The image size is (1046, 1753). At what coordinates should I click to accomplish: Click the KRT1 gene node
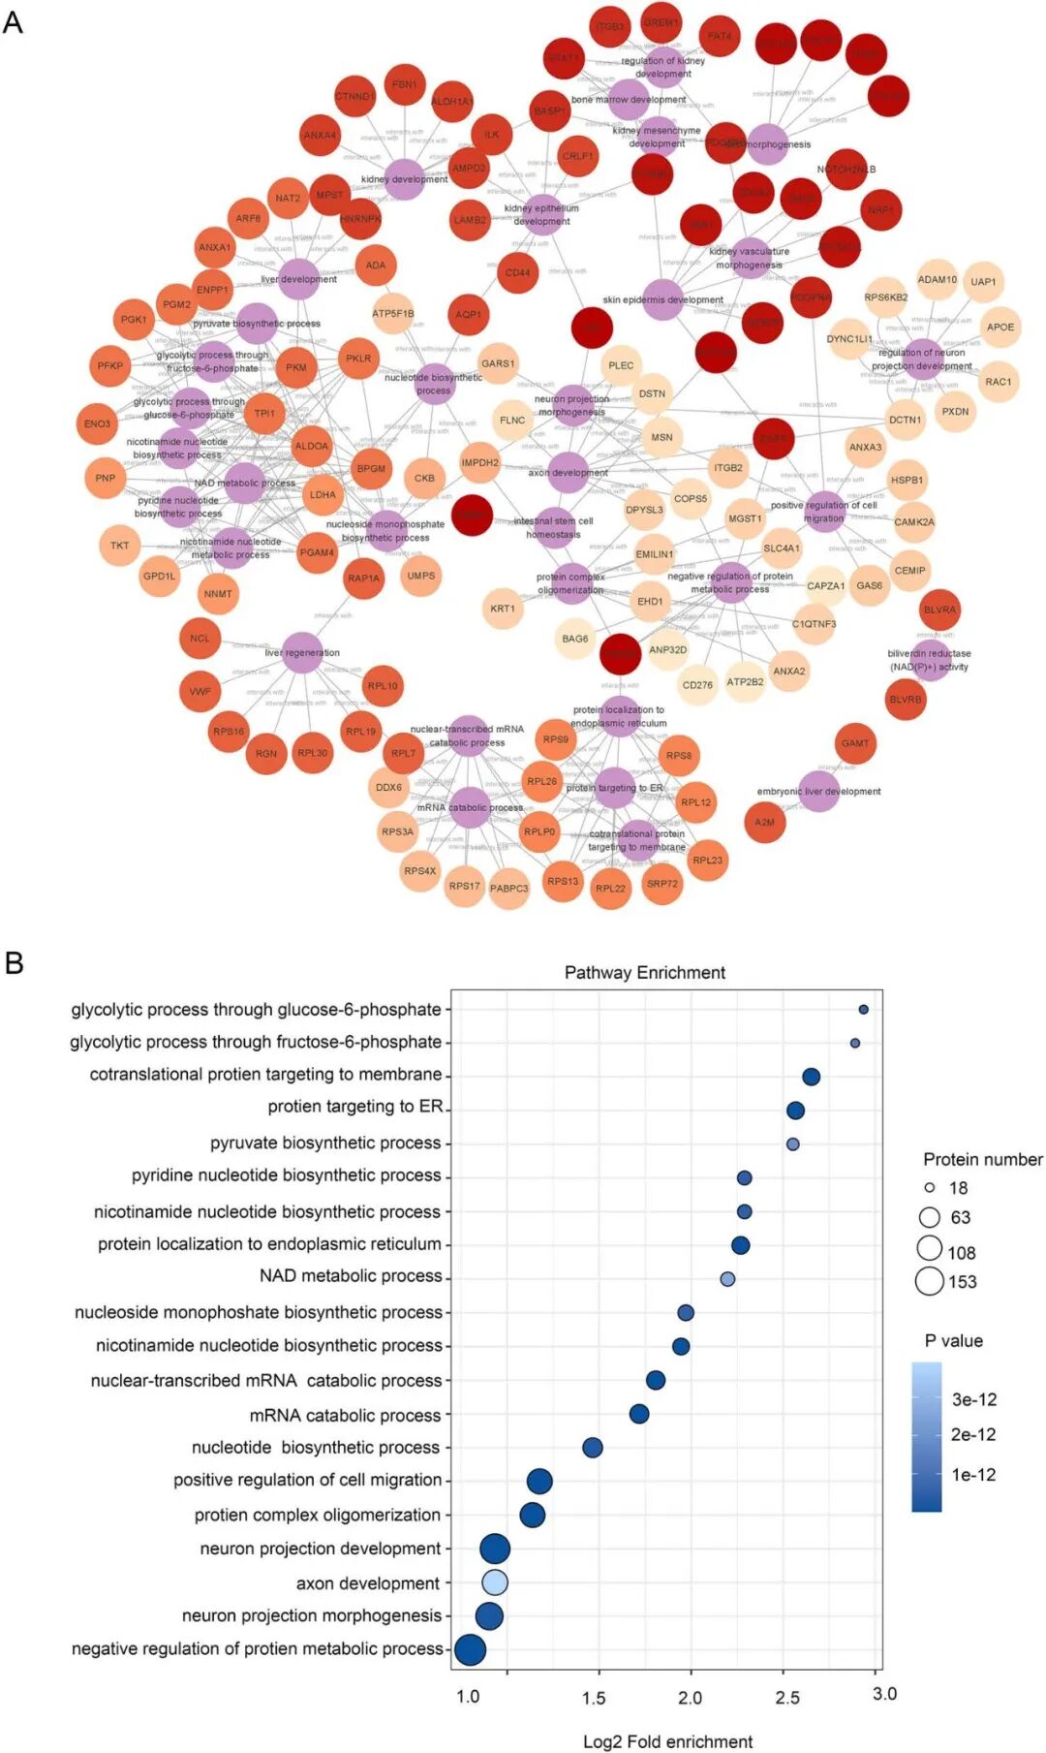[503, 609]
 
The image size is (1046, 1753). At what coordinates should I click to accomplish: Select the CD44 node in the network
[518, 273]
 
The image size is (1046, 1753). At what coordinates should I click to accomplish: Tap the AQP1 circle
[469, 314]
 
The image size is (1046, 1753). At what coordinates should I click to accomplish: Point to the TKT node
[119, 546]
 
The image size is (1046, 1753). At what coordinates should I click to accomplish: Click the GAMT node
[855, 743]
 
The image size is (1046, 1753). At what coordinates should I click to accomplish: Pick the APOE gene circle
[1000, 327]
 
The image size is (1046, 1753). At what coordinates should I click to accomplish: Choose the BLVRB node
[907, 700]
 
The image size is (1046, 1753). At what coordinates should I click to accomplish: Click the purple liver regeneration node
[302, 652]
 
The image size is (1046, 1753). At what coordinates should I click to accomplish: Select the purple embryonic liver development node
[819, 791]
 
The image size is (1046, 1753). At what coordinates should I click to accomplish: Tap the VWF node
[200, 692]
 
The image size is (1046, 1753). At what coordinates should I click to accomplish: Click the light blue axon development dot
[495, 1582]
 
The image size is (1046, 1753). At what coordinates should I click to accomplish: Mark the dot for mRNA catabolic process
[639, 1414]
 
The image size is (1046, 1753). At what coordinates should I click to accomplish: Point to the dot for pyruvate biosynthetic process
[793, 1143]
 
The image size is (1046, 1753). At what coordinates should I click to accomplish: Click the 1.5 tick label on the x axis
[594, 1697]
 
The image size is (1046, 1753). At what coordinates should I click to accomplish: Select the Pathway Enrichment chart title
[645, 972]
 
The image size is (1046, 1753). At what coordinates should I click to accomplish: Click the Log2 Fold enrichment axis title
[667, 1741]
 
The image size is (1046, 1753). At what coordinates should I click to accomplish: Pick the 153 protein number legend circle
[930, 1281]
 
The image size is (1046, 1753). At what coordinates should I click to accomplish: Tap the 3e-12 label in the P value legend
[973, 1399]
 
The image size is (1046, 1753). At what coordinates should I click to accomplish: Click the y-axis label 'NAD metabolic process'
[351, 1276]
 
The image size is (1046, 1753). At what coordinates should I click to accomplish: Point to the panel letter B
[14, 962]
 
